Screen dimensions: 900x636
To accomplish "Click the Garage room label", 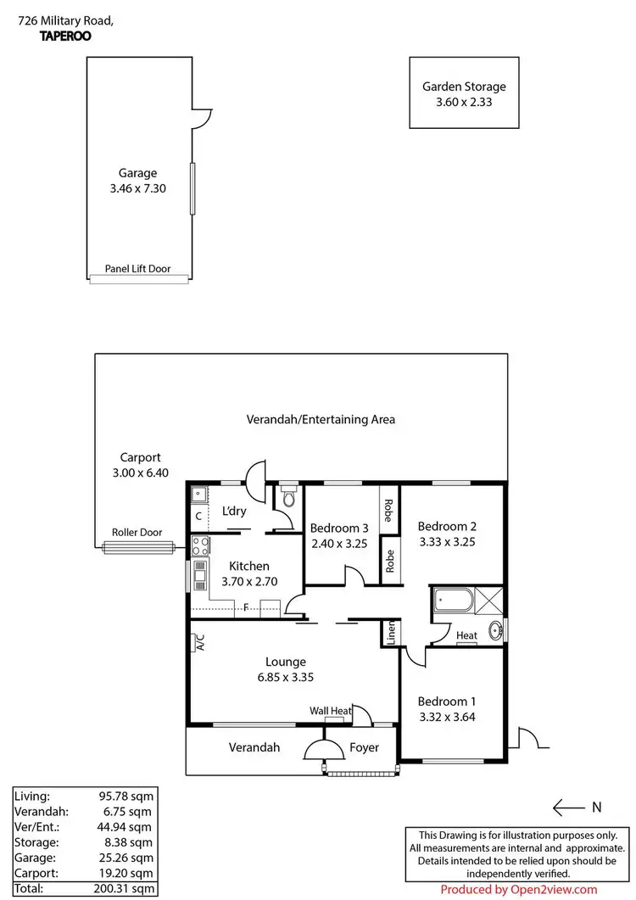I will (x=137, y=173).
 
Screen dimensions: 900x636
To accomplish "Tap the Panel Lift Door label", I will (x=137, y=269).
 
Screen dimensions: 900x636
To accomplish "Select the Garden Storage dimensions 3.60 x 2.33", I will (x=464, y=102).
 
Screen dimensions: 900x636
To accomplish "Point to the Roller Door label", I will (x=137, y=533).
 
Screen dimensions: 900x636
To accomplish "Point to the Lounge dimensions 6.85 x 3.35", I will (x=285, y=678).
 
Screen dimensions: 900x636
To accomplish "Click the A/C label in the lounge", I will (x=200, y=642).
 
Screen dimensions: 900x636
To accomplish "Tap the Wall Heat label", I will (x=330, y=711).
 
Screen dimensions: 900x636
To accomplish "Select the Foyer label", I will (x=364, y=747).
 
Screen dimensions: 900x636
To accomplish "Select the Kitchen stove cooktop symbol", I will (x=201, y=545).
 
